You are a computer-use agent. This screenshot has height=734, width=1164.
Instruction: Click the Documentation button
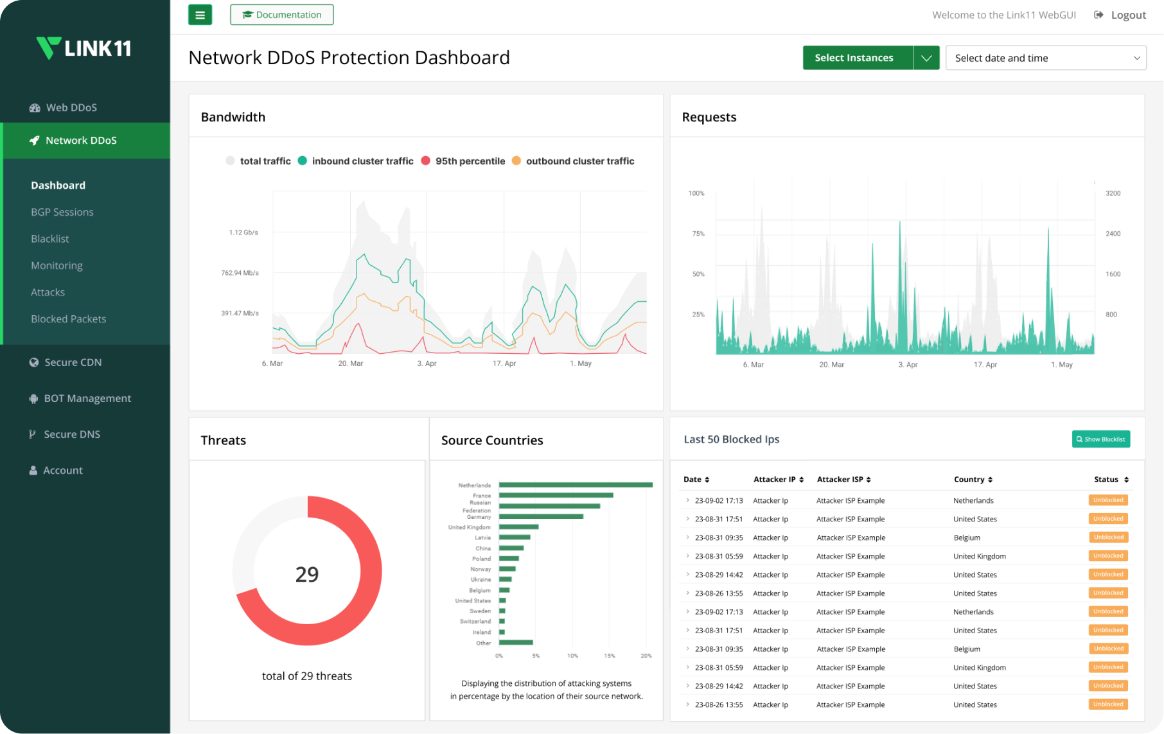281,15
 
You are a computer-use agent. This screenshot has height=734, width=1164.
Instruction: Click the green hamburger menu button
200,15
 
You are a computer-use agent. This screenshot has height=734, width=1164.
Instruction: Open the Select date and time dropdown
1045,58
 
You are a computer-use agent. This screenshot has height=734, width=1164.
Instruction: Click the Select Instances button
854,58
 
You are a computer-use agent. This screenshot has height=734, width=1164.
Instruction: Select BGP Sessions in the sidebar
62,212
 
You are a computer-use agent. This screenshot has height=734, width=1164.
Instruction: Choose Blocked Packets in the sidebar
68,319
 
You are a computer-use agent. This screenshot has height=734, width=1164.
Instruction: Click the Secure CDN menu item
73,362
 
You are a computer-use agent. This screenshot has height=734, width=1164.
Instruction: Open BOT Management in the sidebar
87,398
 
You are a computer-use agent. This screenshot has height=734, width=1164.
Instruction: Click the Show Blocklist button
1100,439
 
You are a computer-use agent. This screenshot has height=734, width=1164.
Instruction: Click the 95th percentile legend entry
463,161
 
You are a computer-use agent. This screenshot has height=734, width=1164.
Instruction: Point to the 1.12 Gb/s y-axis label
243,232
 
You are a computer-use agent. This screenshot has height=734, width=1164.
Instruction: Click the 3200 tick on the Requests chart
1113,193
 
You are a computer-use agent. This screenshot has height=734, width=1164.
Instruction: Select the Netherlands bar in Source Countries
576,485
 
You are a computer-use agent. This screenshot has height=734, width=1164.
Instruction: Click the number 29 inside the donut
307,574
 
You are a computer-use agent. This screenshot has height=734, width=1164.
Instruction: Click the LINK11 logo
84,48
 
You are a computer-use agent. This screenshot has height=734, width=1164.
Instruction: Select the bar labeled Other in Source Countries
516,642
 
